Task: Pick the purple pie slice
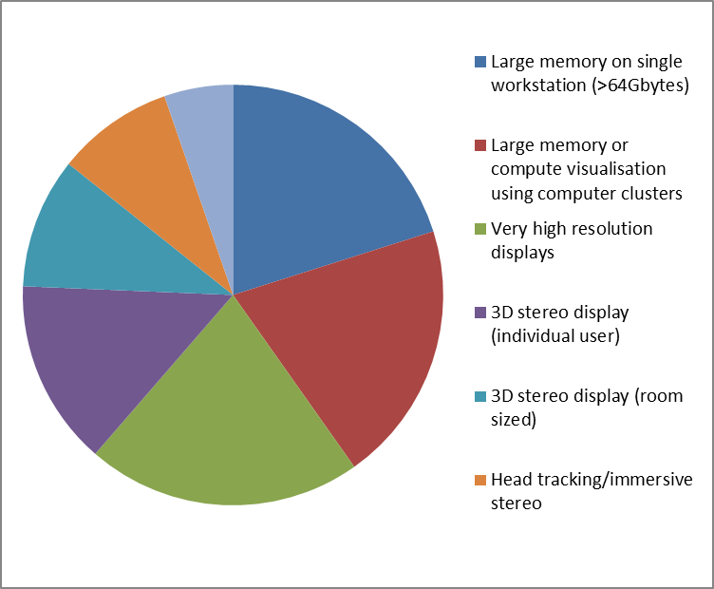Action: tap(104, 351)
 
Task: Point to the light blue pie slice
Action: tap(211, 150)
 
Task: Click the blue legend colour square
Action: tap(480, 62)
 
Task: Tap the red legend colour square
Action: tap(480, 145)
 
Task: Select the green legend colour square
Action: tap(480, 229)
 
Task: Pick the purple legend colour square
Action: tap(480, 313)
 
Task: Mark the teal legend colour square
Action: tap(480, 396)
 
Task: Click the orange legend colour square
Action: tap(480, 480)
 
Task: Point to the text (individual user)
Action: tap(555, 336)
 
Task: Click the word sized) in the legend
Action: tap(513, 420)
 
